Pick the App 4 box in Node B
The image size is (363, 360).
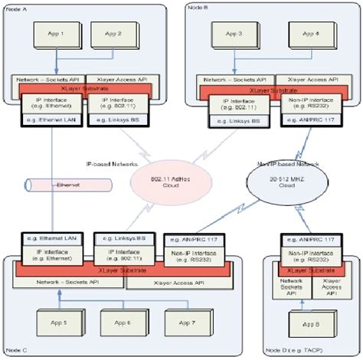click(309, 34)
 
